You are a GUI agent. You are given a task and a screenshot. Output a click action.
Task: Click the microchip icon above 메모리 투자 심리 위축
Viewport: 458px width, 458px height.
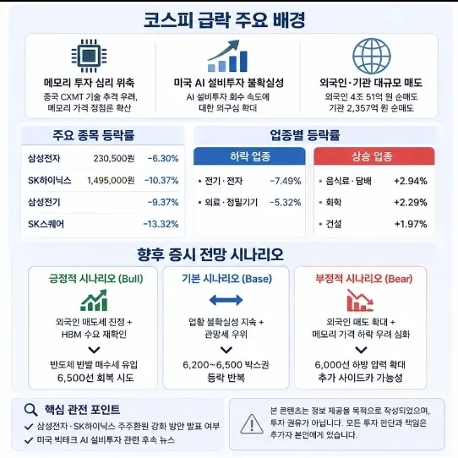89,56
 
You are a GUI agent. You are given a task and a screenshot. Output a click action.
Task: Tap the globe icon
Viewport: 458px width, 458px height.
372,56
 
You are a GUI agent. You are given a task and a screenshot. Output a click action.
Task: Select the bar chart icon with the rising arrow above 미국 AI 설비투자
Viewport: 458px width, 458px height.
228,56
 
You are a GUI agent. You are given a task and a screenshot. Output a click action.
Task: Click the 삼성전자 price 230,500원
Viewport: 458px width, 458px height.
114,158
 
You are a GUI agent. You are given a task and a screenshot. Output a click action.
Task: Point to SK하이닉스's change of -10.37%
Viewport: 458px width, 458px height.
161,180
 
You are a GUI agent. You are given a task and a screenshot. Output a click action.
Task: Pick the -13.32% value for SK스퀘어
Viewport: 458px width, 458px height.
161,224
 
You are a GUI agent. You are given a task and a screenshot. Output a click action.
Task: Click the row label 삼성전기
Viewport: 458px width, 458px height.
44,202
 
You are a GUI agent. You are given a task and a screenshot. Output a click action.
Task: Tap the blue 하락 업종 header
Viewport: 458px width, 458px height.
249,156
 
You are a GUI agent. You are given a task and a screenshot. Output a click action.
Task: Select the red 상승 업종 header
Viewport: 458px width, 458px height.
374,156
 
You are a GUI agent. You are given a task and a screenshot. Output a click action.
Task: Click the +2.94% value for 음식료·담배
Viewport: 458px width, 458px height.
411,181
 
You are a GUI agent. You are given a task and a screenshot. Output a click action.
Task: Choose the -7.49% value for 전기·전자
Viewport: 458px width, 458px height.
286,181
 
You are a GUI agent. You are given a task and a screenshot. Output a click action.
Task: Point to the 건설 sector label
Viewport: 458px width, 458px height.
334,224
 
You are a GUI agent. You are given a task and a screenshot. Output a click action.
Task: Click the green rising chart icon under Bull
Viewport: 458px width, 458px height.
94,300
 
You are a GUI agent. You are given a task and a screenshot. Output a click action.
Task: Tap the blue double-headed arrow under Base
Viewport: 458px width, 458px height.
226,300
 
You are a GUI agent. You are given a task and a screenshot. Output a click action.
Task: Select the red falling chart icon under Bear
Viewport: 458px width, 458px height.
360,300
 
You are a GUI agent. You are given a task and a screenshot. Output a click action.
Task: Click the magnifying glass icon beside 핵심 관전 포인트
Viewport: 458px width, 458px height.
31,410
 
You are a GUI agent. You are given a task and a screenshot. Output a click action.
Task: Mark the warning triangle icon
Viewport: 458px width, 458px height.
252,423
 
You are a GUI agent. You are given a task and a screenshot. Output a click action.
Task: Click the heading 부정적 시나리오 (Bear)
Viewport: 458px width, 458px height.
363,279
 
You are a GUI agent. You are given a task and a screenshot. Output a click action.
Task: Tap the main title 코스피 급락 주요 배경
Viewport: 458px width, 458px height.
225,20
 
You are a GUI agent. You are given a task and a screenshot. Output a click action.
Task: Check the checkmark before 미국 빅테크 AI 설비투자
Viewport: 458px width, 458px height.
29,440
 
